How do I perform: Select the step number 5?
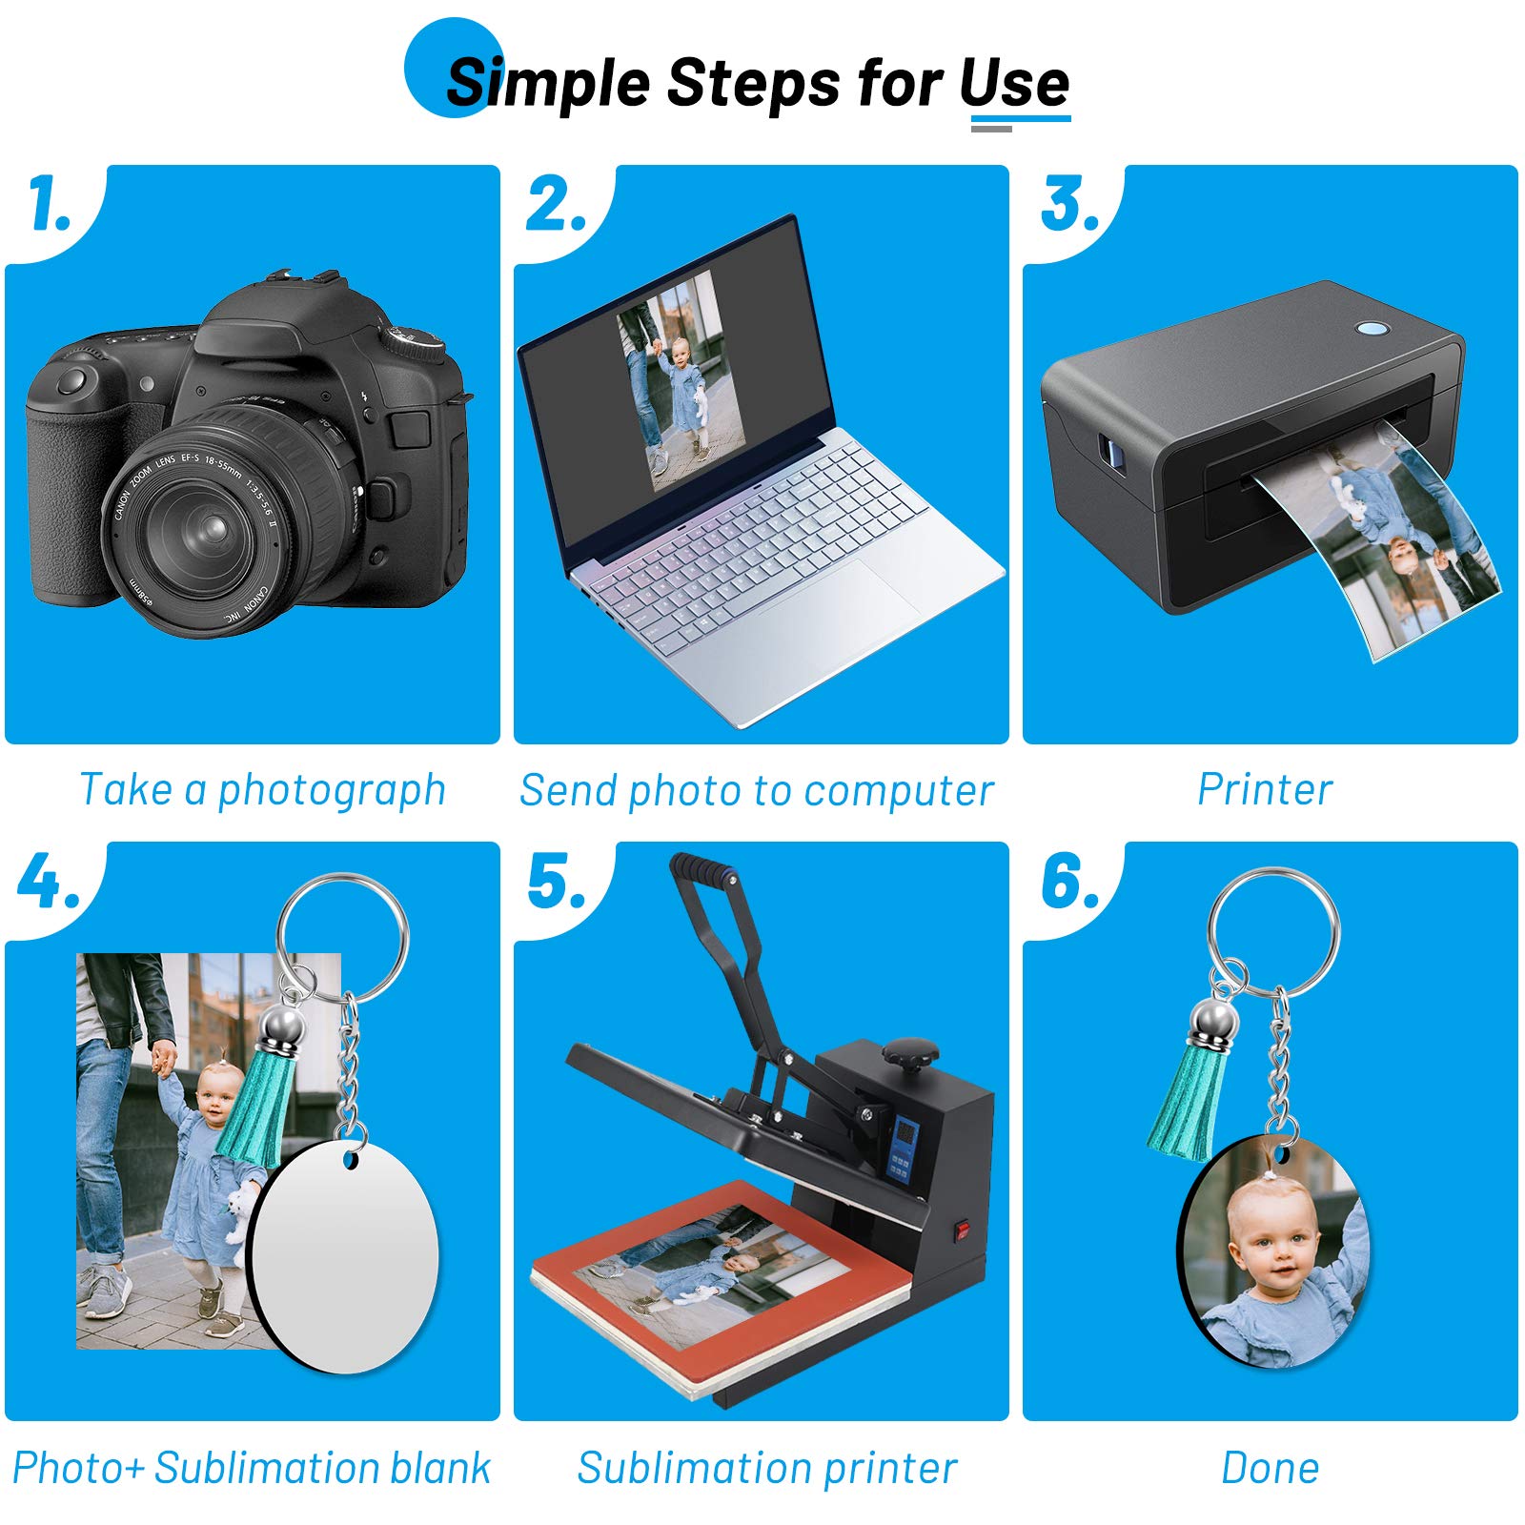pyautogui.click(x=557, y=881)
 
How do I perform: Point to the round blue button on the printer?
pyautogui.click(x=1372, y=329)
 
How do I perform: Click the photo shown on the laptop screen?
pyautogui.click(x=681, y=381)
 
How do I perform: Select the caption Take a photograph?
pyautogui.click(x=262, y=790)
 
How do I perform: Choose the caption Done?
pyautogui.click(x=1271, y=1468)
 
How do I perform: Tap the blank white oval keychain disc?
pyautogui.click(x=343, y=1258)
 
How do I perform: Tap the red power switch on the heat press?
pyautogui.click(x=962, y=1229)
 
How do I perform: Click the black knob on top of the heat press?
pyautogui.click(x=909, y=1052)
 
